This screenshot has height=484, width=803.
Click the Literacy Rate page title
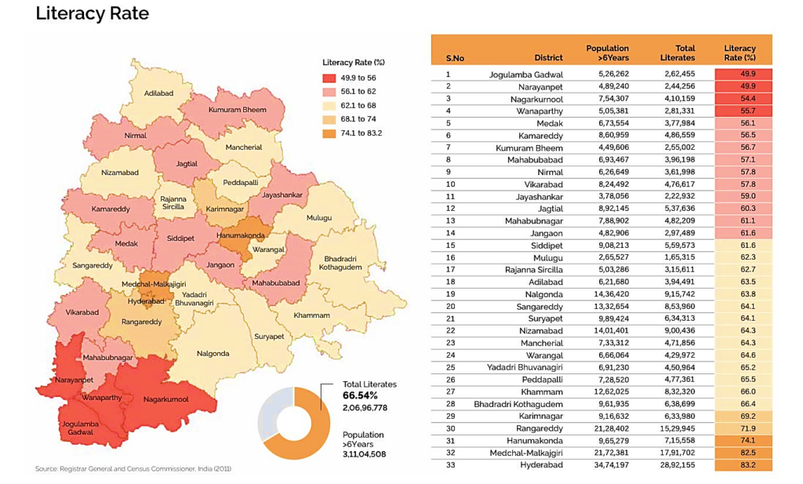92,15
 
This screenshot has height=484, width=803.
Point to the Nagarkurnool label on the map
165,399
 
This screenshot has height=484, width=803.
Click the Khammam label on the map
311,315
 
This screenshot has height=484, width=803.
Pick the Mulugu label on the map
318,217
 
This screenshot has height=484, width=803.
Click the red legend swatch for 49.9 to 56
329,78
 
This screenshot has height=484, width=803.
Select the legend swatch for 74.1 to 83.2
329,133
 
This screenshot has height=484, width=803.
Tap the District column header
548,58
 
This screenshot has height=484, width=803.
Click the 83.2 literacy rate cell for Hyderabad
743,465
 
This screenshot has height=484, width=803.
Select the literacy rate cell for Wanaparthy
743,111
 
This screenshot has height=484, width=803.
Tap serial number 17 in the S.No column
449,269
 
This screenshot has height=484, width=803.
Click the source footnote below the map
133,469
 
